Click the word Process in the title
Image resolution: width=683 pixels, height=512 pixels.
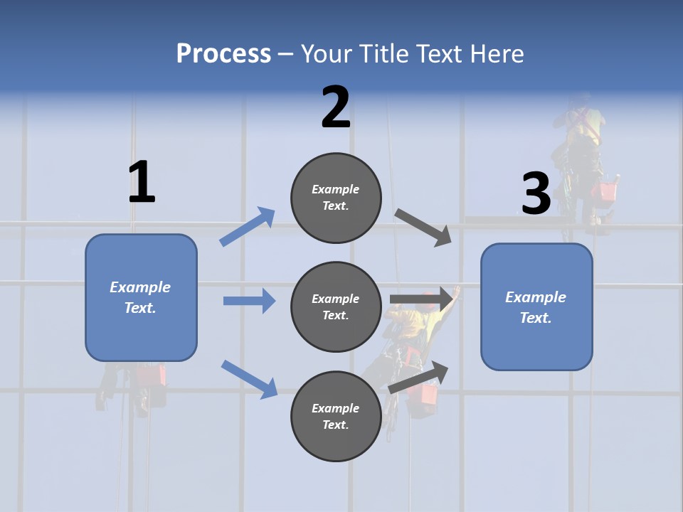tap(223, 53)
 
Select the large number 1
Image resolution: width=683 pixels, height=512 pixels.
tap(142, 183)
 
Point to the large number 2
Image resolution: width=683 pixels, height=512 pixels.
tap(336, 107)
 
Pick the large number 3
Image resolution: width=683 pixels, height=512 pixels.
tap(536, 194)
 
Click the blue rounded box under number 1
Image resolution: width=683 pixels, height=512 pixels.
tap(141, 297)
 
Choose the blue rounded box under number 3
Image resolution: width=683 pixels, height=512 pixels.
tap(536, 306)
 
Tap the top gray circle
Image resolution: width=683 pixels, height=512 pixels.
tap(336, 198)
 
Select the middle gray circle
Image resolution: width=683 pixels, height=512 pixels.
tap(336, 306)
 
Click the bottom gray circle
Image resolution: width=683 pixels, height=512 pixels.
tap(336, 416)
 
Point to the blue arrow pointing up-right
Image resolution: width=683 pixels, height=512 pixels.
tap(247, 227)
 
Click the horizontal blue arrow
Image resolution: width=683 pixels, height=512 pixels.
tap(249, 301)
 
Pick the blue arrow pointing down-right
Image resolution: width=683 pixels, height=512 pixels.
tap(249, 379)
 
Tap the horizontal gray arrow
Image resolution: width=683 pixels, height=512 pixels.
tap(421, 299)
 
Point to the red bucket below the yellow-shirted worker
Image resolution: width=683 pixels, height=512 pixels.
tap(429, 393)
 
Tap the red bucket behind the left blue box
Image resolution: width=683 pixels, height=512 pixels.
tap(152, 375)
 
